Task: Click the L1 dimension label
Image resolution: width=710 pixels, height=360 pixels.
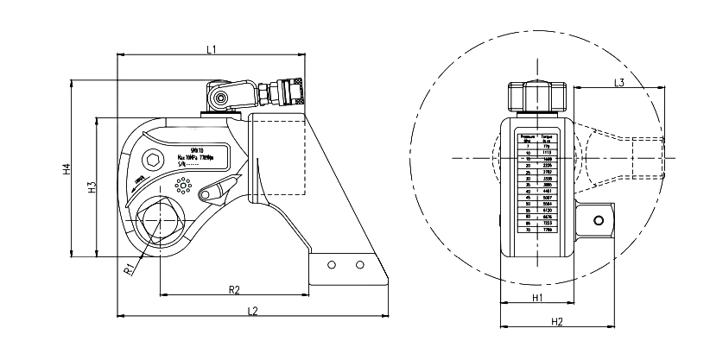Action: click(x=212, y=49)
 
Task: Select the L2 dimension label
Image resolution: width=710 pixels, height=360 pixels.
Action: click(x=252, y=309)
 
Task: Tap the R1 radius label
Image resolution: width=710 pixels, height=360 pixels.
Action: click(x=128, y=269)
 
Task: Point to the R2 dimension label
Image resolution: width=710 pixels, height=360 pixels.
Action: click(x=233, y=288)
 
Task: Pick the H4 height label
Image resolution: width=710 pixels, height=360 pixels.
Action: click(x=67, y=169)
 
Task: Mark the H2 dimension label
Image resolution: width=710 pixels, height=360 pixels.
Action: click(x=557, y=321)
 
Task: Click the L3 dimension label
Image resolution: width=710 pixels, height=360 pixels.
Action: click(x=618, y=82)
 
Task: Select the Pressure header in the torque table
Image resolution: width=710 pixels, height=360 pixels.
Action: click(x=525, y=138)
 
